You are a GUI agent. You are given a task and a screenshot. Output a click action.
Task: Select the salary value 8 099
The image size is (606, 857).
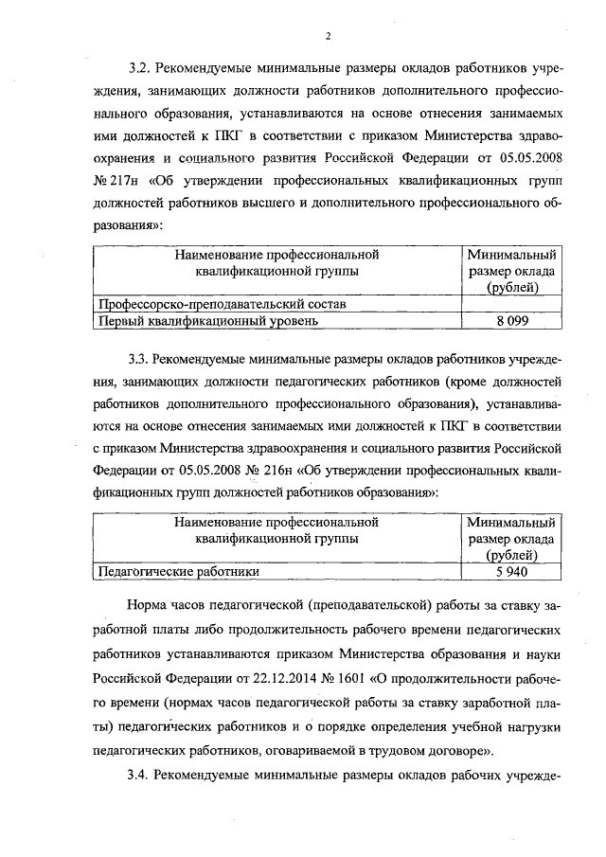(x=511, y=321)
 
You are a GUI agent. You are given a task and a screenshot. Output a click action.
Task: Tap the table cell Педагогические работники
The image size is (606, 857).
(x=179, y=572)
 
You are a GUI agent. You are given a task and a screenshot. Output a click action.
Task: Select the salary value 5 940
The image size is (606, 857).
(x=511, y=572)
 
